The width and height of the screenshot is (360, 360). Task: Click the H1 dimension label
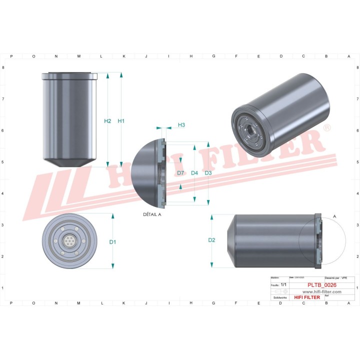[121, 121]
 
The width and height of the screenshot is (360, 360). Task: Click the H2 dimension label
[107, 121]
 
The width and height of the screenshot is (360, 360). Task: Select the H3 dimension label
[181, 124]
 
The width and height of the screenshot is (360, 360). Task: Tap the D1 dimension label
[113, 242]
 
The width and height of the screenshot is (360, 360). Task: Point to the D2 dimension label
[211, 240]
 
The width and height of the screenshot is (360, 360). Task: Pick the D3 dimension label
[208, 173]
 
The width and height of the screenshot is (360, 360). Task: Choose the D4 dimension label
[195, 173]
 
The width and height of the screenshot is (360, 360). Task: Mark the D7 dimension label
[181, 173]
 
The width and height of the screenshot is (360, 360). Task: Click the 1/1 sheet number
[283, 284]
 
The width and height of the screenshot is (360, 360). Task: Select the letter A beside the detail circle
[334, 216]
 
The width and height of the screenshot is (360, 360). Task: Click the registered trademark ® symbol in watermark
[327, 128]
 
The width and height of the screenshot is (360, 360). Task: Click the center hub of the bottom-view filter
[68, 241]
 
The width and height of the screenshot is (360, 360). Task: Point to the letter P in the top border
[11, 56]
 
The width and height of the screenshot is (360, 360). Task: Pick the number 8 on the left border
[4, 67]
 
